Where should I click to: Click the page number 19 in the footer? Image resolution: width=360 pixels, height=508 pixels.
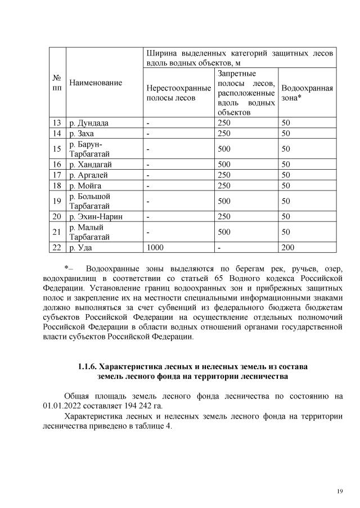tap(340, 492)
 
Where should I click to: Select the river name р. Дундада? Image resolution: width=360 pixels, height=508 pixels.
tap(88, 123)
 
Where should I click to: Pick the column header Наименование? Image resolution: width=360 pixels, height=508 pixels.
tap(96, 83)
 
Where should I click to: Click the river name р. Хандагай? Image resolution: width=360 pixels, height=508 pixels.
tap(90, 164)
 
